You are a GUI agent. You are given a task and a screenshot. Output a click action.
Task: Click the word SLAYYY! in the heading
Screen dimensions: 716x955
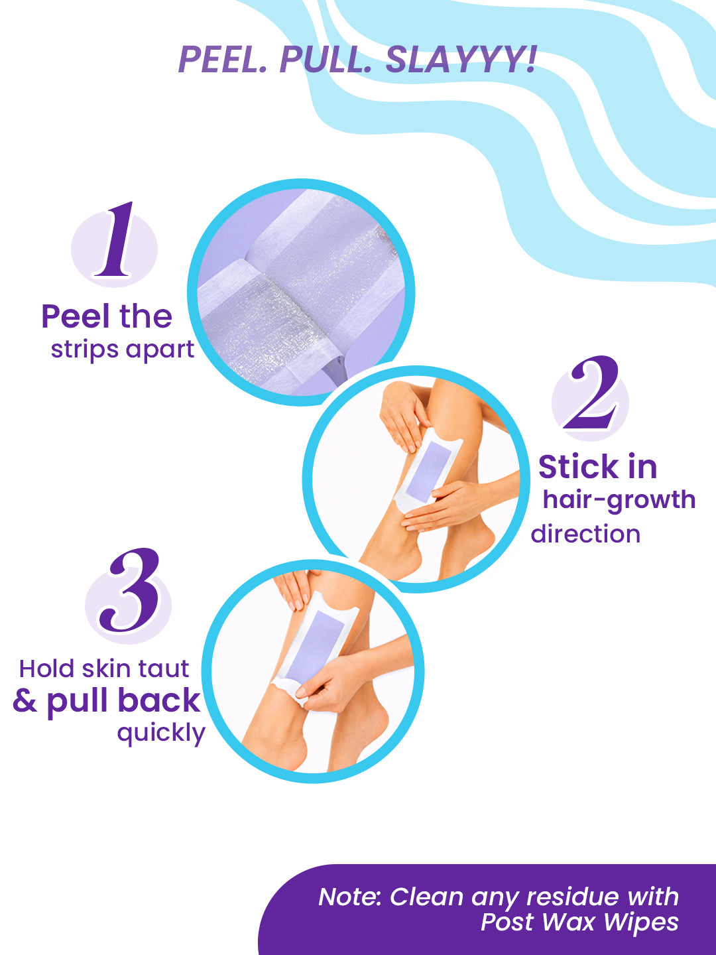pos(461,59)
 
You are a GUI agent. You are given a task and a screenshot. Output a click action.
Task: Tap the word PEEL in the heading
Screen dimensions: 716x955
pos(223,60)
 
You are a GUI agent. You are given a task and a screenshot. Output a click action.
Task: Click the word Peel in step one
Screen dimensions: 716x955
pos(76,316)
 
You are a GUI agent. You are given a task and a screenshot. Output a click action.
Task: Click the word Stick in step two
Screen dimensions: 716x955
pos(575,467)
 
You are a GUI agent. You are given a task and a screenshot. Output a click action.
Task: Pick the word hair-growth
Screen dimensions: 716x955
pos(619,500)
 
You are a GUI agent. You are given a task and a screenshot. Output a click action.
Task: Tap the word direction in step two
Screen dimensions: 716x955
pos(585,534)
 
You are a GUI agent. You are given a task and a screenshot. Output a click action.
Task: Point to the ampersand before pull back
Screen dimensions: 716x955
pos(25,701)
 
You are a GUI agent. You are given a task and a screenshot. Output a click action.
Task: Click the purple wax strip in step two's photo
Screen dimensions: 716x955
pos(428,471)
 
